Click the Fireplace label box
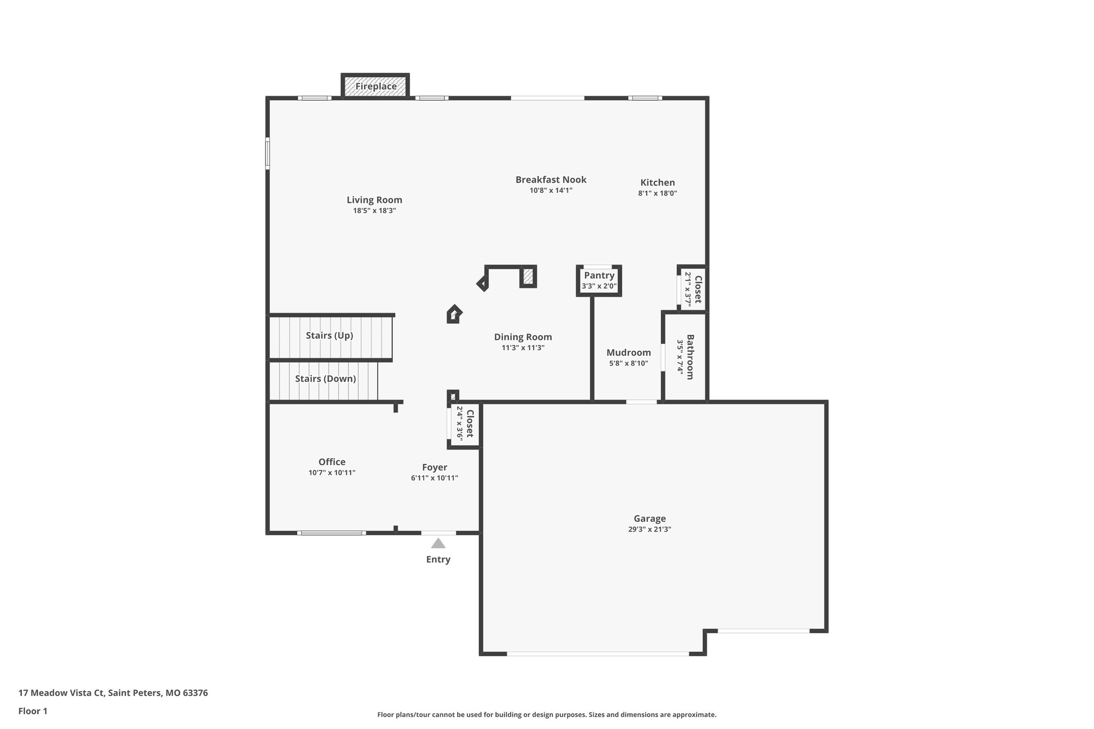tap(376, 86)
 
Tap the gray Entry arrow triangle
tap(438, 544)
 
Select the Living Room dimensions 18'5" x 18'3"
tap(374, 211)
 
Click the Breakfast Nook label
tap(551, 179)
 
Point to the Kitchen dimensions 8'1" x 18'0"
tap(657, 193)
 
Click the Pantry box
tap(599, 280)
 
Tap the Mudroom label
tap(628, 352)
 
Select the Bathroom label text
tap(690, 357)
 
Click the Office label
tap(332, 462)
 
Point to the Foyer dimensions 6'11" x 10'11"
tap(434, 478)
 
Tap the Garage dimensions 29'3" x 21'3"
tap(649, 529)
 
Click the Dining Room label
tap(522, 337)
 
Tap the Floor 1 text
tap(33, 711)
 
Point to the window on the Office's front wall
tap(331, 532)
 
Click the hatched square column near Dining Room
tap(528, 276)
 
